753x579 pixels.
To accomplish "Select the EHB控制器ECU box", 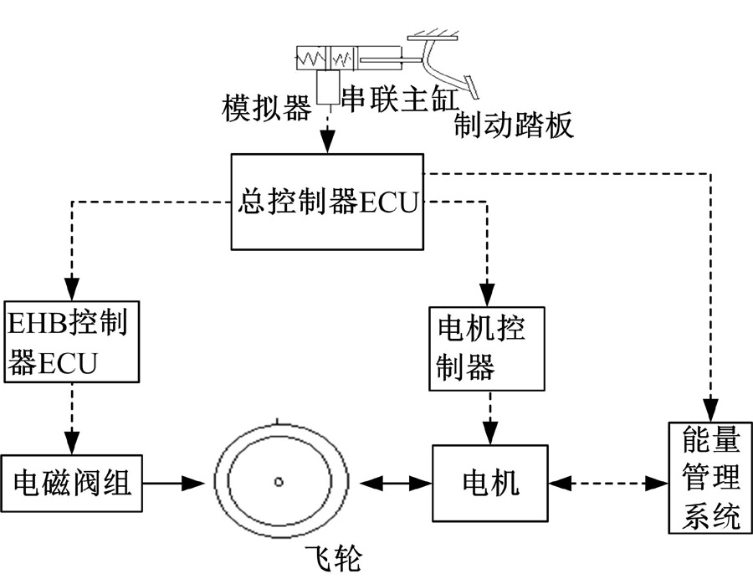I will tap(70, 340).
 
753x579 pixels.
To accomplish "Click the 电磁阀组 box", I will tap(72, 482).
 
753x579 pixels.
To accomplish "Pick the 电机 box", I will tap(490, 482).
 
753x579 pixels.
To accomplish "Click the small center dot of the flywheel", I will tap(279, 481).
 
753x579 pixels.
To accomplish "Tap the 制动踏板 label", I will tap(514, 126).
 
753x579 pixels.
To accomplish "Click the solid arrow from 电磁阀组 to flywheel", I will tap(173, 482).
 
